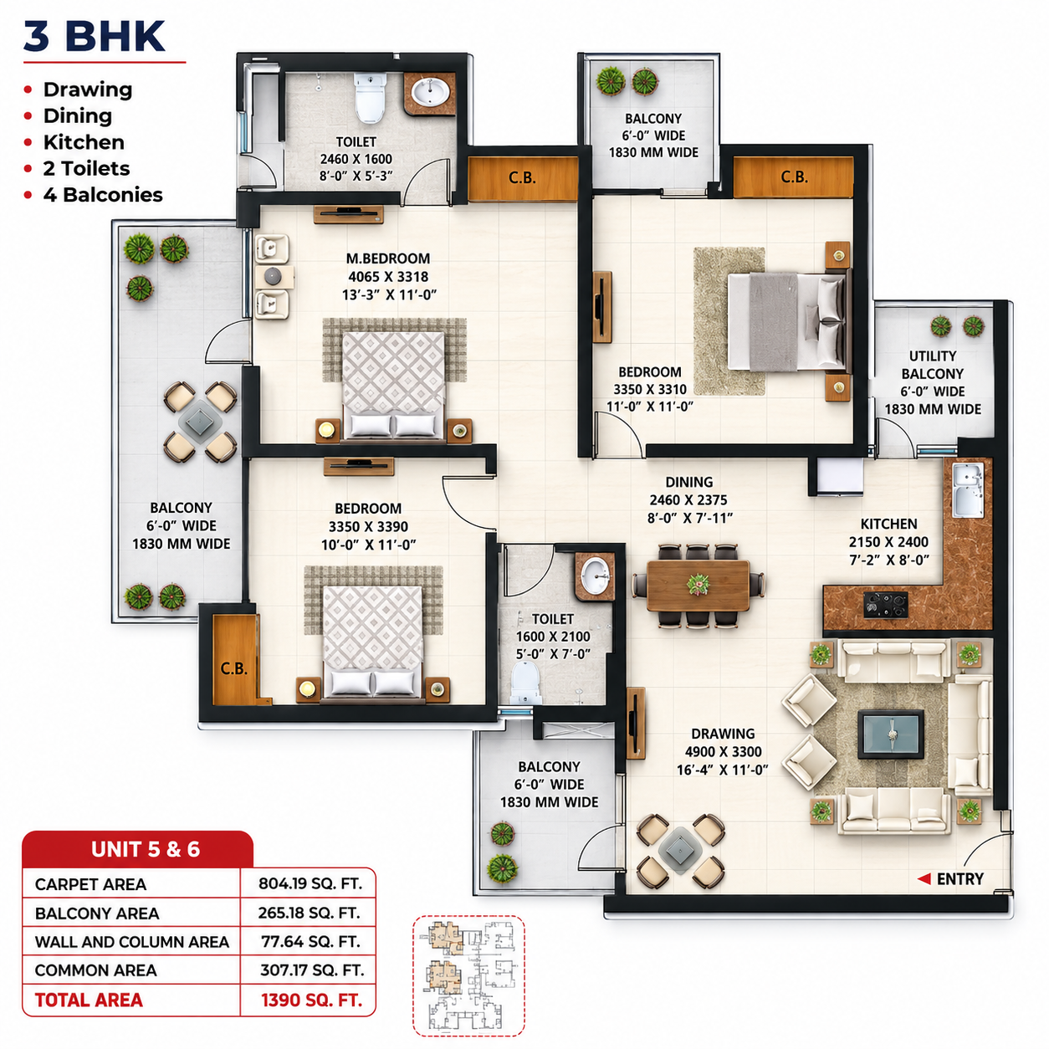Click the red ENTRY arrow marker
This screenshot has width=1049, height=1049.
tap(924, 878)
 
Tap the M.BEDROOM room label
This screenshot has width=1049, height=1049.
tap(388, 258)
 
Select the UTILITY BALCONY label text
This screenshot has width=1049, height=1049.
tap(932, 365)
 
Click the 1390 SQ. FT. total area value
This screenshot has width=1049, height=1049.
tap(311, 1000)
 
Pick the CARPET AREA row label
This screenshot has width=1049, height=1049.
tap(90, 884)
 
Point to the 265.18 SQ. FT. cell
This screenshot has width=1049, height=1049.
tap(310, 913)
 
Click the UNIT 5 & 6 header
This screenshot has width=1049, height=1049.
tap(146, 849)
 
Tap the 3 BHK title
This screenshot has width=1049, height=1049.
tap(95, 37)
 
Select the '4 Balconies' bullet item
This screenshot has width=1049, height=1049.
tap(103, 195)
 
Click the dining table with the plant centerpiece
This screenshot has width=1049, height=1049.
tap(698, 586)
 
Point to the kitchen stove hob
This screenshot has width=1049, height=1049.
tap(886, 604)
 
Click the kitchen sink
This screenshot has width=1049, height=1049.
tap(967, 490)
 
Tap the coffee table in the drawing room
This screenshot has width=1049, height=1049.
tap(891, 734)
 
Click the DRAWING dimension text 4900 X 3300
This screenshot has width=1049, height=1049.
tap(723, 752)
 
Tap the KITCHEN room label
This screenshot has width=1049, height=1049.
tap(888, 524)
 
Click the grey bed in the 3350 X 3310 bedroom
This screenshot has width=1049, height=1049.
tap(787, 321)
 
